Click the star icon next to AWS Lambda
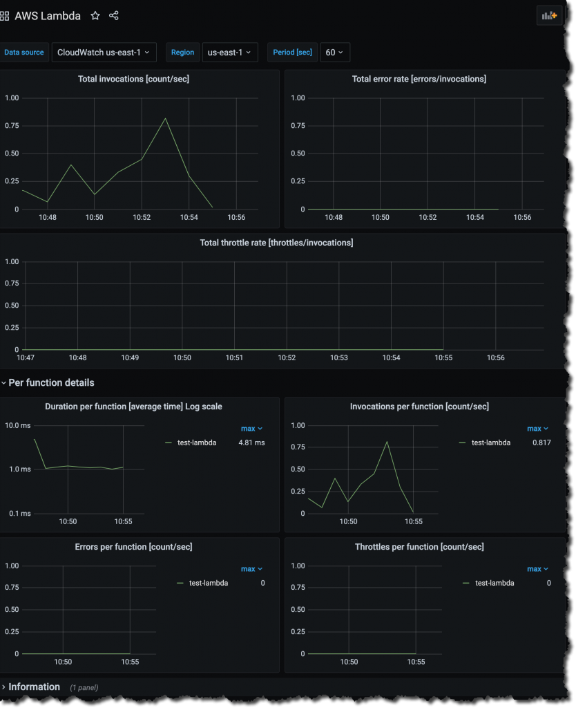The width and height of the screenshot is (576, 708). [95, 15]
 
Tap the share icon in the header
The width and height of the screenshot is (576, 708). [114, 15]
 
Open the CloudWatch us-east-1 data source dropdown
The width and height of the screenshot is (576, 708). [104, 53]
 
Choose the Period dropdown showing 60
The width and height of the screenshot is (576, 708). [334, 53]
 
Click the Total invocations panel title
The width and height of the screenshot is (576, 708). [133, 79]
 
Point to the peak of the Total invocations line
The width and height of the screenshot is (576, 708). [165, 118]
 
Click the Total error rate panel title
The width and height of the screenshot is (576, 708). [419, 79]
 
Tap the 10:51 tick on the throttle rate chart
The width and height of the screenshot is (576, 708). [235, 357]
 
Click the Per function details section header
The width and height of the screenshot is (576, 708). [51, 382]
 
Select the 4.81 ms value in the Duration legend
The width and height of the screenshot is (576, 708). [251, 442]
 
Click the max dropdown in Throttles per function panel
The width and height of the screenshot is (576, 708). [537, 569]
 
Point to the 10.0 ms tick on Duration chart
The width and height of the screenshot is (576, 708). [18, 425]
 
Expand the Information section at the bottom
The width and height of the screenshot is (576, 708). [34, 687]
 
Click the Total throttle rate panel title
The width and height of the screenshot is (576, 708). [276, 243]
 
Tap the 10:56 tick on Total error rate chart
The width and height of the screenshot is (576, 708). [523, 217]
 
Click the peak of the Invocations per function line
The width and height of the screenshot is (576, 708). [387, 441]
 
